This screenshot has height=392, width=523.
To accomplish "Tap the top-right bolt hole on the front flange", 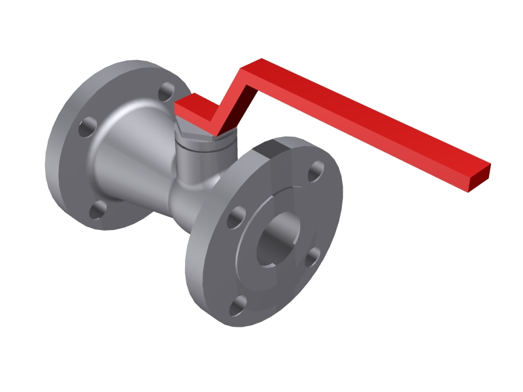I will click(316, 171).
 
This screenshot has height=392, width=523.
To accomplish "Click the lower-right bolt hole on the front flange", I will click(312, 256).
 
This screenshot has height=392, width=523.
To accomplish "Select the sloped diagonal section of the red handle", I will click(226, 98).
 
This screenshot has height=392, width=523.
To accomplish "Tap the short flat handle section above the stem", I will click(193, 108).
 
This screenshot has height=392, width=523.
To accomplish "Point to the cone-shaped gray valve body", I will click(131, 157).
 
